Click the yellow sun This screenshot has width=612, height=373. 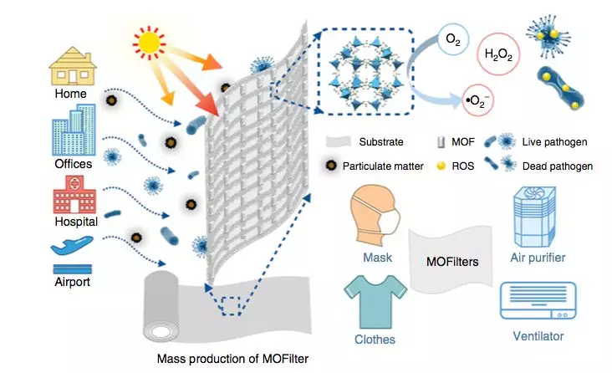pos(149,43)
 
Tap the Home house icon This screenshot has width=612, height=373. pos(73,66)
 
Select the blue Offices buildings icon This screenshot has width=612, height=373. pos(74,130)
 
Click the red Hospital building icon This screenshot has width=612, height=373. pos(74,195)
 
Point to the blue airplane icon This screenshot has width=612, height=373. pos(72,245)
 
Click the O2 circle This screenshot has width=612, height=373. pos(453,39)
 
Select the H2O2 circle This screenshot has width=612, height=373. pos(498,54)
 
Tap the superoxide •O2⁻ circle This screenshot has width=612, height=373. pos(477,100)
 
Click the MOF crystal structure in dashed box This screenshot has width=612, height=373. pos(365,72)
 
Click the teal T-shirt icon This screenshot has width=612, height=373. pos(375,302)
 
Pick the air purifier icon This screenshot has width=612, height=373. pos(534,217)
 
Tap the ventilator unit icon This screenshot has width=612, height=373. pos(538,300)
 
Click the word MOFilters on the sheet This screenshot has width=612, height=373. pos(452,261)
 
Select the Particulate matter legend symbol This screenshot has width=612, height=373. pos(331,166)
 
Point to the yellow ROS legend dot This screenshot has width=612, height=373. pos(441,166)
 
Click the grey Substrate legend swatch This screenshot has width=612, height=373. pos(338,142)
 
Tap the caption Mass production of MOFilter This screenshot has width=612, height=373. pos(232,359)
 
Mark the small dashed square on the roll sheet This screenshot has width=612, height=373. pos(232,306)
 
